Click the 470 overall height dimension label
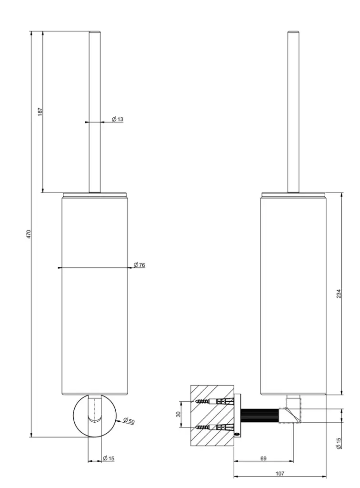29,234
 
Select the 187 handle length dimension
40,111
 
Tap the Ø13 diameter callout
118,119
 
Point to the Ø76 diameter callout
139,264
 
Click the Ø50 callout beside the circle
129,421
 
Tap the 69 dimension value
263,458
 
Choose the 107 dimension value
280,474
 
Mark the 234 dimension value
339,294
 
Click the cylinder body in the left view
95,295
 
